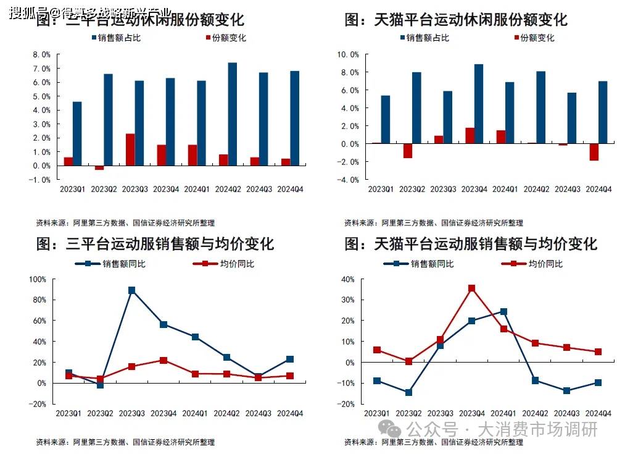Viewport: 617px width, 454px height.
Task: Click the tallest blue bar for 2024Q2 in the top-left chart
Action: coord(232,114)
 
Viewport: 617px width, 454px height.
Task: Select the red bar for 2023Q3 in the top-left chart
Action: coord(130,149)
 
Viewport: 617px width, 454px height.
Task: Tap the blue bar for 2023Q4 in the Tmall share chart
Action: coord(479,104)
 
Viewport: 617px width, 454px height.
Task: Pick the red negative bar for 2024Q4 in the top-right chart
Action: coord(594,152)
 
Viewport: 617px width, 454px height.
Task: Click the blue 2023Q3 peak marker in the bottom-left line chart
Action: coord(131,290)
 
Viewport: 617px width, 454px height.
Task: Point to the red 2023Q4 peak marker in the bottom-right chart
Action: coord(472,288)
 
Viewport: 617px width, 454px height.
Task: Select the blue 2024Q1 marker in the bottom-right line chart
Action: coord(503,312)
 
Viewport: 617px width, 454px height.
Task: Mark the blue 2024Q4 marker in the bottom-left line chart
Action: coord(290,359)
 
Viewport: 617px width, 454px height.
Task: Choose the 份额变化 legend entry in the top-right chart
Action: coord(537,38)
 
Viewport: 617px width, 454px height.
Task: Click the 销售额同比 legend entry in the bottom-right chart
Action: coord(431,264)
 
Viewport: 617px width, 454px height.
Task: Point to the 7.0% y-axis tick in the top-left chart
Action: coord(41,69)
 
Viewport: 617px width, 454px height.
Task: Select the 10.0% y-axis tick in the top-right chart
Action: coord(347,54)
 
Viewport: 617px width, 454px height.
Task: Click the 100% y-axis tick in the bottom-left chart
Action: coord(38,279)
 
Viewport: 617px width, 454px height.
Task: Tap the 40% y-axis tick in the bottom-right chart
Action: coord(349,279)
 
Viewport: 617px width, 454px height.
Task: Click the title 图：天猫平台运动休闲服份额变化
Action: coord(455,20)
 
